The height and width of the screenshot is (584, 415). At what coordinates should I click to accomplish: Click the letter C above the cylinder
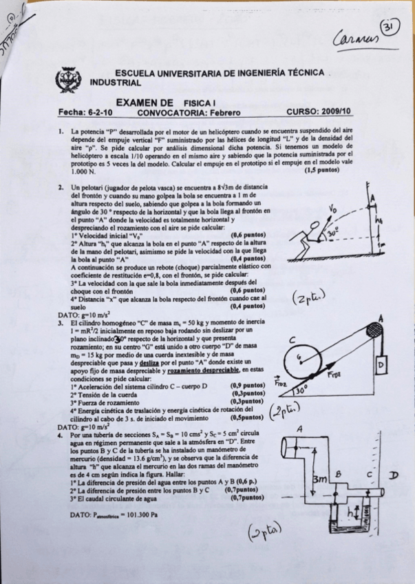(x=292, y=339)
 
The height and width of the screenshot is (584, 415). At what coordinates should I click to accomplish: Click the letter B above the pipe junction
(x=338, y=475)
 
